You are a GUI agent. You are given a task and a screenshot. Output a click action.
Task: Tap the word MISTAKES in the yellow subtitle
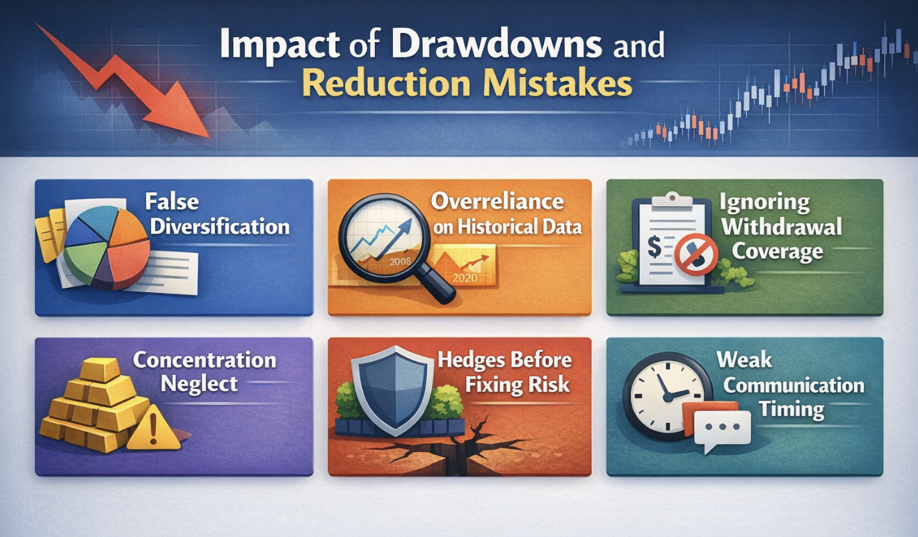[557, 83]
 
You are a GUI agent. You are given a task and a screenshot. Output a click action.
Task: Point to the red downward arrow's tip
[209, 136]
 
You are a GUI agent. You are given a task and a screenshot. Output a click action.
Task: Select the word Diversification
[220, 227]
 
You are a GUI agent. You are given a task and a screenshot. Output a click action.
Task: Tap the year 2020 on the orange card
[465, 278]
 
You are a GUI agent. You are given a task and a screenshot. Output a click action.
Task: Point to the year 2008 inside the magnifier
[400, 262]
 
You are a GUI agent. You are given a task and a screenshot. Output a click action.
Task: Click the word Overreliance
[497, 202]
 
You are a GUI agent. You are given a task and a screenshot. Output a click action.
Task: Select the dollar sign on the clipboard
[654, 248]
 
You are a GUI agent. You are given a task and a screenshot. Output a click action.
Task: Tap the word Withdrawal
[782, 227]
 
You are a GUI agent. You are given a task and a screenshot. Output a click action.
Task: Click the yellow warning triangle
[154, 428]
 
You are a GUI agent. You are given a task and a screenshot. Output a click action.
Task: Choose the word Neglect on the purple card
[199, 385]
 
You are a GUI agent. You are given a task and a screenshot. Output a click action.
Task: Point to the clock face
[667, 396]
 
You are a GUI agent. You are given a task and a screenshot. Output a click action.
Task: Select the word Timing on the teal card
[791, 410]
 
